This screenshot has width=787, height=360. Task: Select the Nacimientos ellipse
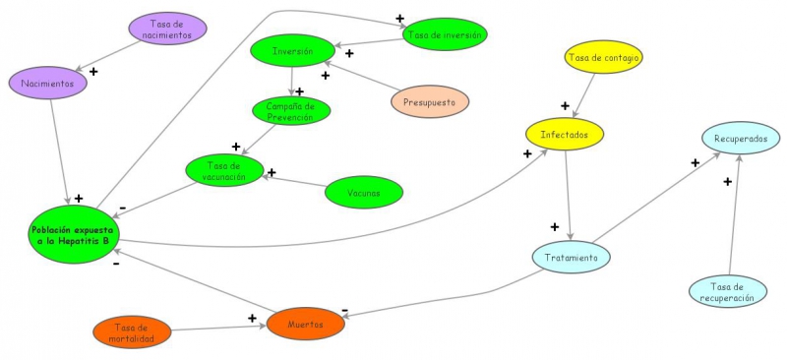tap(49, 84)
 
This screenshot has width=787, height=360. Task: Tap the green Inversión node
tap(292, 50)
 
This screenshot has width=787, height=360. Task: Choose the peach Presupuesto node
tap(429, 100)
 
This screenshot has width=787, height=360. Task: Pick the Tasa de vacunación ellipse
tap(225, 170)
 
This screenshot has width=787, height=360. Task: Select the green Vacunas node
tap(363, 192)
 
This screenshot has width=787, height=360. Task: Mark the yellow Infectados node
tap(564, 133)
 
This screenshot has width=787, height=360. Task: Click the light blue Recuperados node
tap(741, 139)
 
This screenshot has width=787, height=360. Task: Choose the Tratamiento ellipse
tap(572, 258)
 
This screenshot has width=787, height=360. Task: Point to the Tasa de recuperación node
tap(728, 290)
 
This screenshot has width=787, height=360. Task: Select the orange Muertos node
tap(306, 324)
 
